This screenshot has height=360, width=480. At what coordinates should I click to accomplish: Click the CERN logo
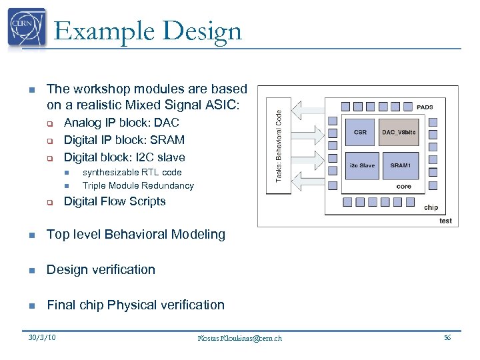click(x=27, y=29)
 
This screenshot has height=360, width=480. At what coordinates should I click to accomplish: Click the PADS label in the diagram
click(x=425, y=107)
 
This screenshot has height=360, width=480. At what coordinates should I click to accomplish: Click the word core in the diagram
click(x=403, y=187)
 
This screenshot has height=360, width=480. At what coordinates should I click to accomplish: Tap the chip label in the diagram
click(x=431, y=207)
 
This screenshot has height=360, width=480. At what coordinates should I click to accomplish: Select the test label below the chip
click(x=445, y=221)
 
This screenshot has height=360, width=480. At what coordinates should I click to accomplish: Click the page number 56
click(x=447, y=338)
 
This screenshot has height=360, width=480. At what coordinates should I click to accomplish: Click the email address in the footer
click(x=240, y=338)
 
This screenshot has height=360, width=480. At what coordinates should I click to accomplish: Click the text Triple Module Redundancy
click(x=138, y=186)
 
